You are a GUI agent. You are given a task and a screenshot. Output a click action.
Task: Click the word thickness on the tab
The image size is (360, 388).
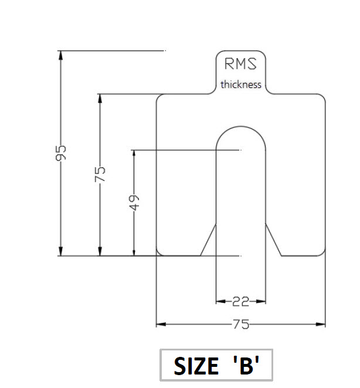click(240, 85)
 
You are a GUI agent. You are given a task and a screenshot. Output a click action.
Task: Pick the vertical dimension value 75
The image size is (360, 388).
click(100, 174)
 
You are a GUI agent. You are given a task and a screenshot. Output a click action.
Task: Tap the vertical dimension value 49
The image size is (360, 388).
click(134, 203)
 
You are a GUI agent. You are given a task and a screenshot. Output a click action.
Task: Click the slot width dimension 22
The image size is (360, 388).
click(240, 302)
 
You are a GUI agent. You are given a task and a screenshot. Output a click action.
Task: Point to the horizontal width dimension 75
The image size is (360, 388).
click(240, 324)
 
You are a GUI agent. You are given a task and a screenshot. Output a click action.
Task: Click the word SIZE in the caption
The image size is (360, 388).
click(195, 366)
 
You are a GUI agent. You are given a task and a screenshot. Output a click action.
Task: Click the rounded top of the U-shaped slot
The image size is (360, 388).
click(240, 127)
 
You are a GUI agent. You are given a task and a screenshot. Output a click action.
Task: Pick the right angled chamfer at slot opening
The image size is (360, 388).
click(273, 241)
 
